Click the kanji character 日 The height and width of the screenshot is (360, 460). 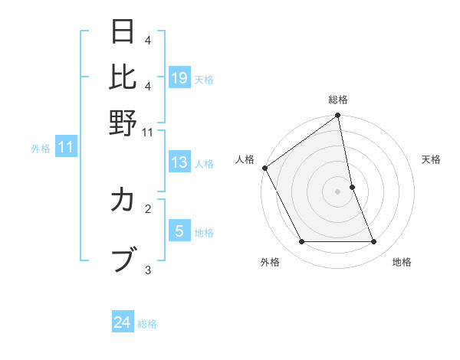click(123, 31)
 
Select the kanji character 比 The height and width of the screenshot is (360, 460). click(123, 77)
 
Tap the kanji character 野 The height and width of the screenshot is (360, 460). click(123, 123)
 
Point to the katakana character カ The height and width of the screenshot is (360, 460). click(123, 201)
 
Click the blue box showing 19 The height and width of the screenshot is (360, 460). click(179, 77)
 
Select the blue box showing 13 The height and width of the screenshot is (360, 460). click(179, 162)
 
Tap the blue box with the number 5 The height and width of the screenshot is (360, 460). click(179, 231)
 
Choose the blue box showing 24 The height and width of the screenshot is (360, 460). click(123, 322)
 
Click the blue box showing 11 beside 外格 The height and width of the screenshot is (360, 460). click(66, 148)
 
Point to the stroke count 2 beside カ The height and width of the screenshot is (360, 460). click(148, 208)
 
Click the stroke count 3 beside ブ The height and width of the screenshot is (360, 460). click(148, 269)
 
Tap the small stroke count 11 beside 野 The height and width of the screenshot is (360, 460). click(148, 133)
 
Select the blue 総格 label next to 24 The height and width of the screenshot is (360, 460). click(148, 324)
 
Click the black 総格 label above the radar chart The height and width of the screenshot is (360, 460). click(338, 100)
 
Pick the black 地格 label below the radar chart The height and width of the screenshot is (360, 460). click(402, 263)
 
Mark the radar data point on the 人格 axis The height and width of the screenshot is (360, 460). click(264, 168)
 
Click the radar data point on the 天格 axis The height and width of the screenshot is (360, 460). click(352, 187)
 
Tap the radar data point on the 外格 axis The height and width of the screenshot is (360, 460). click(301, 242)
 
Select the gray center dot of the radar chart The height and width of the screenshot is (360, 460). click(338, 191)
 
